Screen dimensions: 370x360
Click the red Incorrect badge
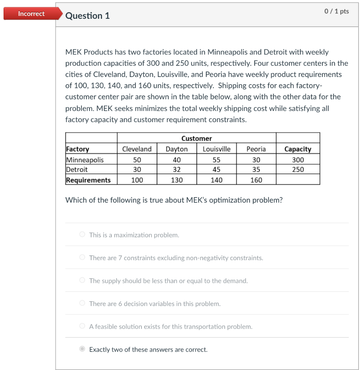(x=31, y=14)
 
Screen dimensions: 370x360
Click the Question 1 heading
(x=88, y=16)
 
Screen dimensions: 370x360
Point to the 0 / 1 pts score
(x=336, y=11)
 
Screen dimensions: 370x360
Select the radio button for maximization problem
(x=82, y=235)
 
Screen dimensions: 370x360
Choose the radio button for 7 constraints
(x=82, y=258)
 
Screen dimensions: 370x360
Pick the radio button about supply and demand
(x=82, y=280)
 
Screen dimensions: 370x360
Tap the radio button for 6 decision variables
(x=82, y=304)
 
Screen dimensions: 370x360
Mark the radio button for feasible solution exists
(x=82, y=326)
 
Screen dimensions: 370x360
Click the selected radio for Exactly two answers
(x=82, y=349)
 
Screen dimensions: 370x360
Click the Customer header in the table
(x=196, y=138)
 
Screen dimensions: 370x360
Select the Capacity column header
(x=298, y=149)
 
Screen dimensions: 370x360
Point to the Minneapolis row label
(x=85, y=160)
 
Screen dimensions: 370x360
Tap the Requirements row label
(x=88, y=180)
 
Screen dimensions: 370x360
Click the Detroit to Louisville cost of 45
(x=216, y=169)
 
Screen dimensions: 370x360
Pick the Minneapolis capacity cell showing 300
(x=298, y=160)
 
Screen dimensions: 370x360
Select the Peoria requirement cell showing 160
(x=256, y=180)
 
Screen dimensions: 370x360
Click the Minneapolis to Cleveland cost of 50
(x=137, y=160)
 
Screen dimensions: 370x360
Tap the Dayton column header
(x=177, y=149)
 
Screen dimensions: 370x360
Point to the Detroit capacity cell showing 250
(x=298, y=169)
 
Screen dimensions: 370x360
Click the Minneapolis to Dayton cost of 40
(x=177, y=160)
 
